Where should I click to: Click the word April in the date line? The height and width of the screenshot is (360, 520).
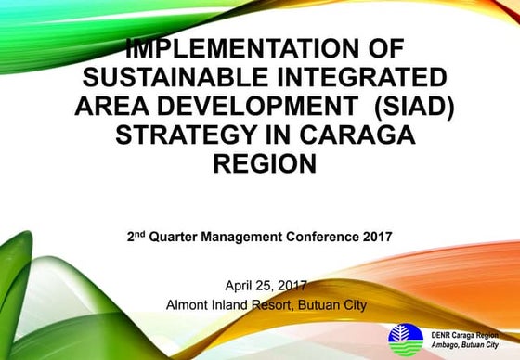239,285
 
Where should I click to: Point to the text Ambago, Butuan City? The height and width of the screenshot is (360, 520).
461,342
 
